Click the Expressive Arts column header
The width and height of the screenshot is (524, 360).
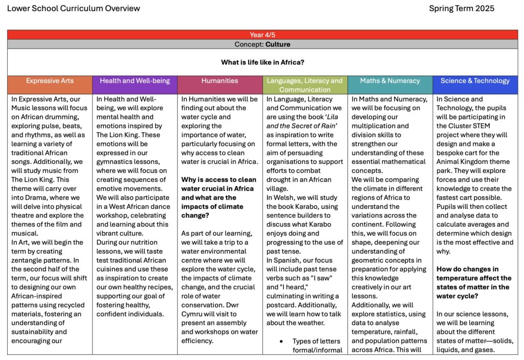(50, 81)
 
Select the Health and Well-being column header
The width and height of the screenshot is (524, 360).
(135, 81)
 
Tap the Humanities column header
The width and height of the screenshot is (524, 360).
(220, 81)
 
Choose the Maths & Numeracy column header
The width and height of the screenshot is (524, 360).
(389, 81)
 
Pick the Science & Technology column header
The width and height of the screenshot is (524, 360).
(475, 81)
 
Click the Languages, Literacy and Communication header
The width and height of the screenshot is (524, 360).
(304, 85)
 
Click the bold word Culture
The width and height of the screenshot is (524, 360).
(278, 45)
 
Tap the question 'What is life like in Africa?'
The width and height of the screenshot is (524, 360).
(263, 62)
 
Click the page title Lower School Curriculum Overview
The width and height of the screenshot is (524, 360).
(74, 9)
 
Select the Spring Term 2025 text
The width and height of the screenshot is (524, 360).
(462, 9)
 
